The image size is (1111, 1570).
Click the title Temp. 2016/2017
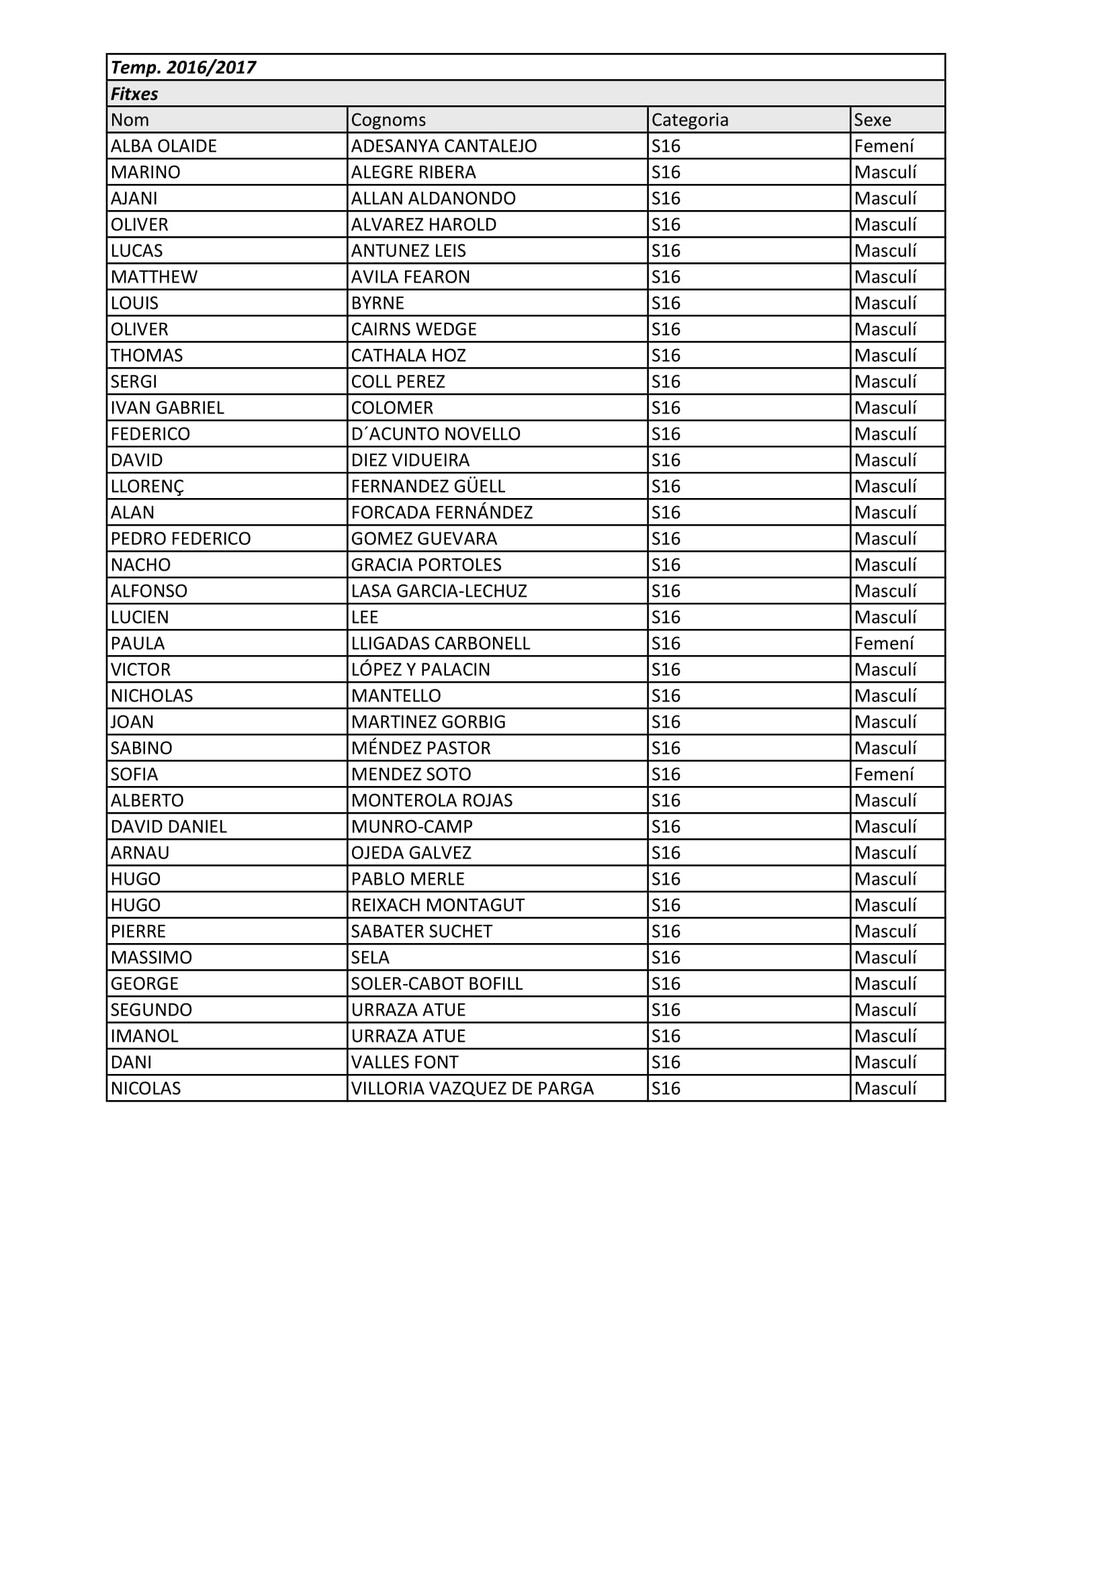[x=183, y=68]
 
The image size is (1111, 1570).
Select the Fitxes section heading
[x=135, y=94]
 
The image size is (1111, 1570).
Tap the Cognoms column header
[x=388, y=119]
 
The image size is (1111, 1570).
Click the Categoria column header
[x=690, y=119]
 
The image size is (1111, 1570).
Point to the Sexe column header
[x=873, y=119]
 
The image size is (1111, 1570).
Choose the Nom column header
[x=130, y=119]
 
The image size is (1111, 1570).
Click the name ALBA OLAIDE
[x=163, y=146]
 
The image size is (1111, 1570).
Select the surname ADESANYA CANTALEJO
[x=443, y=146]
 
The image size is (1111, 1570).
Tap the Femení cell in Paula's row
[x=883, y=644]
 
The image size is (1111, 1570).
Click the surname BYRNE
[x=377, y=303]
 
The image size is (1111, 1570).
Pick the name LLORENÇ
[x=147, y=486]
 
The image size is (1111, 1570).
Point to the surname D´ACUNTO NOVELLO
[x=435, y=434]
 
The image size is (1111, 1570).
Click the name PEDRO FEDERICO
[x=181, y=539]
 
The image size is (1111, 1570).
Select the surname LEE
[x=364, y=618]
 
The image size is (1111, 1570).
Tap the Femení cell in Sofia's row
[x=883, y=774]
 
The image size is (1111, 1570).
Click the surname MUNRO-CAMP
[x=411, y=827]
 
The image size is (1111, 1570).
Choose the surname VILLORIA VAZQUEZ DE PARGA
[x=472, y=1089]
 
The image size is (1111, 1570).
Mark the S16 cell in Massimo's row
[x=666, y=957]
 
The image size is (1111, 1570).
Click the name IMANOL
[x=144, y=1036]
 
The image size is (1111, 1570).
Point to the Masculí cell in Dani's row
[x=885, y=1062]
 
